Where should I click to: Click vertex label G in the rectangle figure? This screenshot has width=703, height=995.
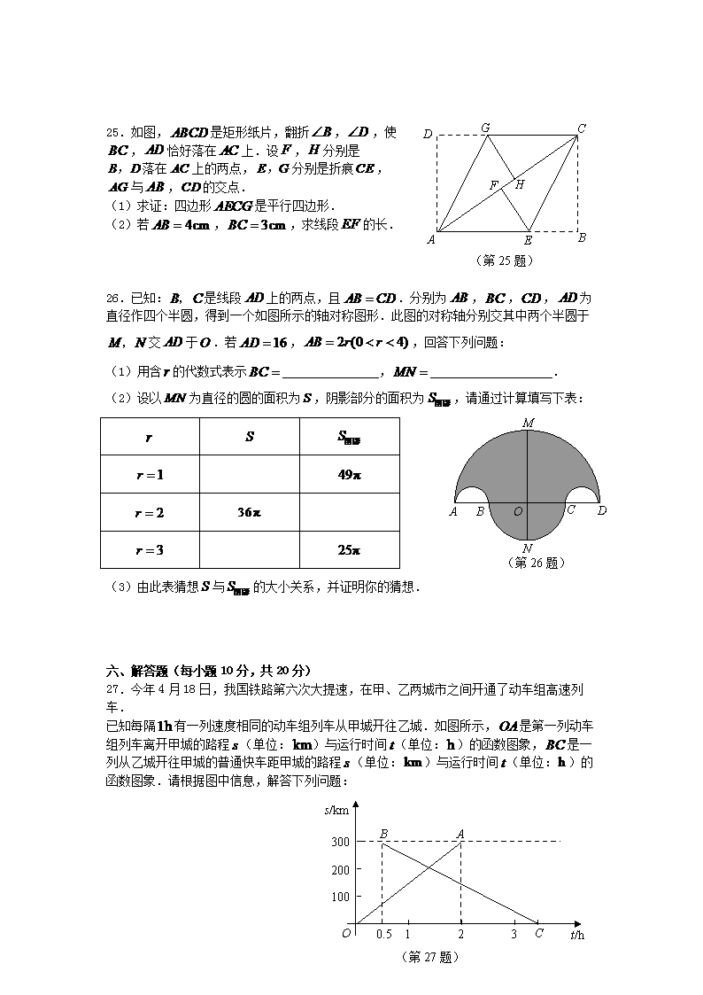click(x=485, y=128)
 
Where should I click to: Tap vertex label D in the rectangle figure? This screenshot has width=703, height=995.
click(x=428, y=135)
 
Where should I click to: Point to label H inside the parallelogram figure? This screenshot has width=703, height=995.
click(x=520, y=184)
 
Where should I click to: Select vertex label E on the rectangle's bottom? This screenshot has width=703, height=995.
click(x=528, y=240)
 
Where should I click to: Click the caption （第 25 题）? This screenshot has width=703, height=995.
click(x=506, y=260)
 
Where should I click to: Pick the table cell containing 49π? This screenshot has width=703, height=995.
click(x=350, y=474)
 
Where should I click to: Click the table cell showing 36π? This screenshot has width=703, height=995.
click(x=250, y=512)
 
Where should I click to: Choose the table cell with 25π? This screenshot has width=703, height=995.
click(x=350, y=550)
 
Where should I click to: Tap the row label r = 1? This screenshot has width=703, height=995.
click(x=150, y=474)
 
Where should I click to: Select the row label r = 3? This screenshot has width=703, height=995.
click(x=150, y=550)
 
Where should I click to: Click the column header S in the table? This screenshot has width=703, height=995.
click(x=250, y=437)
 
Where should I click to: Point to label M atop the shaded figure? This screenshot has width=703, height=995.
click(x=528, y=423)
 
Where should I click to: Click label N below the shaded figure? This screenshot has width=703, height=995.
click(x=528, y=548)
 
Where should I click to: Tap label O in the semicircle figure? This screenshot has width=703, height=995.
click(x=518, y=511)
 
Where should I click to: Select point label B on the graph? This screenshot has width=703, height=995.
click(x=383, y=833)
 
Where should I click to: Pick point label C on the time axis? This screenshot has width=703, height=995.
click(x=539, y=933)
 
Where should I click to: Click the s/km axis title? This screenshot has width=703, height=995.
click(x=337, y=810)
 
